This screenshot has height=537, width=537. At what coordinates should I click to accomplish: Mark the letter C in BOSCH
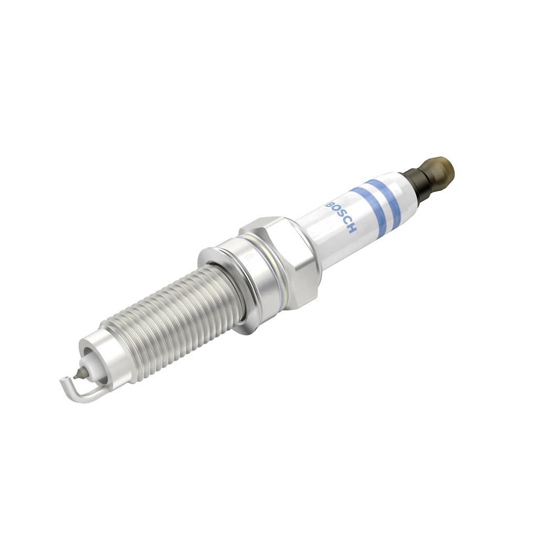(347, 222)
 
